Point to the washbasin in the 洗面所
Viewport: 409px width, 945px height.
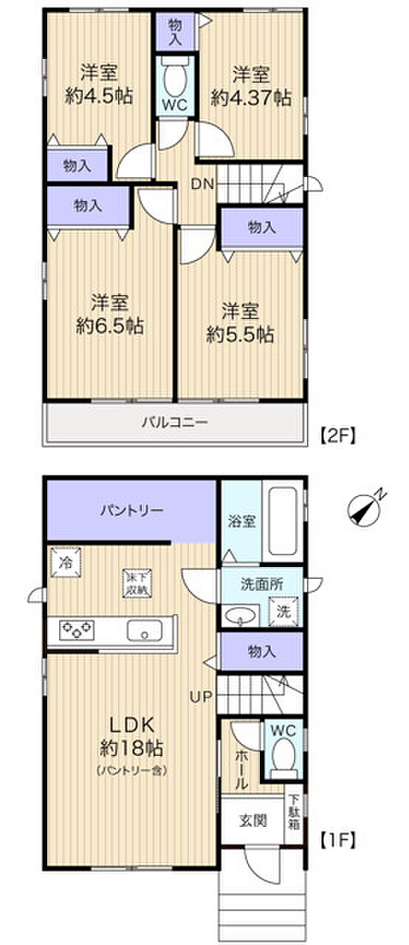241,614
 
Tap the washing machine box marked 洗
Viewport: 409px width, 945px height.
283,611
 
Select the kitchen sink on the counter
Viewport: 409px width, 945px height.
145,630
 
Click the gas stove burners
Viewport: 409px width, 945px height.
78,630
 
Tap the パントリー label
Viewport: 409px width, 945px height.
132,510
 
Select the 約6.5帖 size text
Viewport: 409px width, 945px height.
111,325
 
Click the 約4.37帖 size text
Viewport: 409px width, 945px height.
251,97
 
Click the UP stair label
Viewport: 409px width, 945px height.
202,695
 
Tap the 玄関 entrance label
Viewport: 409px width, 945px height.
252,819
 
